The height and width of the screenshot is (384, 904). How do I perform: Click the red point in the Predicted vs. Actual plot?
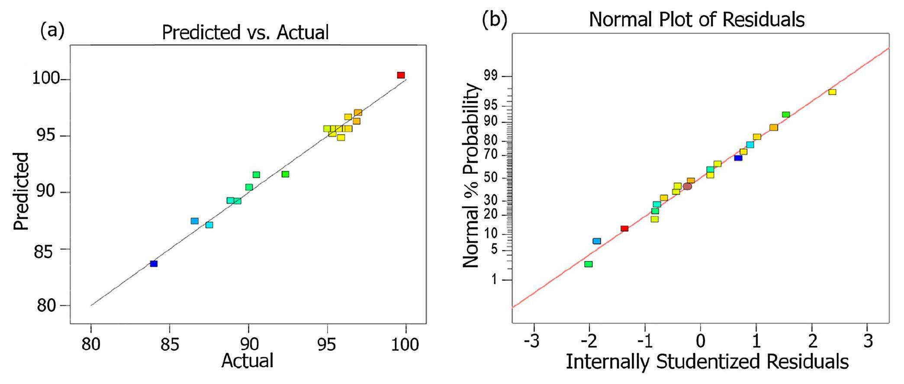click(x=401, y=75)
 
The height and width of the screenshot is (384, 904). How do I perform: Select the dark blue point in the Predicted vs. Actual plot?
click(x=154, y=264)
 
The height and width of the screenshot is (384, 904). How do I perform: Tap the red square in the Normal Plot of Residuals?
click(x=624, y=229)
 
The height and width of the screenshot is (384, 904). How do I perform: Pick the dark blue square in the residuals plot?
click(x=738, y=158)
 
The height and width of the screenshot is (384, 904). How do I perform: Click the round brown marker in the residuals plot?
click(x=687, y=187)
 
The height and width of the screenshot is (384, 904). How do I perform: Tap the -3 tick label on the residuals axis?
click(x=531, y=341)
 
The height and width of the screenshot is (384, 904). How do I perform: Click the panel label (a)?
click(x=52, y=31)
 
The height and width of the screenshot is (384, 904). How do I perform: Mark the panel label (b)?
click(x=495, y=19)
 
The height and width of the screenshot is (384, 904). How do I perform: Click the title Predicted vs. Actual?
click(x=245, y=32)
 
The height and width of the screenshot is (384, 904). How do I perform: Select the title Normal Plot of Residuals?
click(x=697, y=19)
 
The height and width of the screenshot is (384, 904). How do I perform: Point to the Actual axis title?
click(x=248, y=360)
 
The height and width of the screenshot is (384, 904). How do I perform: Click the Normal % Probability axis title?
click(x=472, y=175)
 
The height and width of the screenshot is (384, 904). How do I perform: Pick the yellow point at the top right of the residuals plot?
click(x=832, y=92)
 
